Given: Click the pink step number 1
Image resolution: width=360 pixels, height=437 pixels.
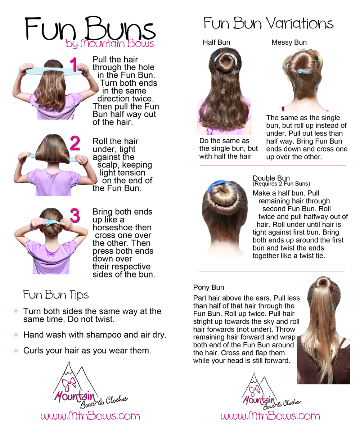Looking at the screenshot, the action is click(73, 65).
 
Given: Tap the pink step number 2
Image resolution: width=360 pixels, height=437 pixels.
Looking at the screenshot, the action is click(75, 143).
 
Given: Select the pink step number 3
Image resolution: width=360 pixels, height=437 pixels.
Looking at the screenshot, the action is click(75, 215).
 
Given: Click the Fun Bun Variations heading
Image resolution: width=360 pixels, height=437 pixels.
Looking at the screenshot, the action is click(268, 23).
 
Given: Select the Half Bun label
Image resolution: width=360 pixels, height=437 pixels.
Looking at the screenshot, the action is click(216, 42).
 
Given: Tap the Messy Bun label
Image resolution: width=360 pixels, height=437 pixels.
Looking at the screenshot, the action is click(289, 42).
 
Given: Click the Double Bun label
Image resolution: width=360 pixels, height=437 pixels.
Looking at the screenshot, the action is click(271, 178).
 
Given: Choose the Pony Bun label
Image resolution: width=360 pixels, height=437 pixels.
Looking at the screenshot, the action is click(208, 287).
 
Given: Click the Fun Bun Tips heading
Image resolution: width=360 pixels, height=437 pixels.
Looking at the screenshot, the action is click(56, 295).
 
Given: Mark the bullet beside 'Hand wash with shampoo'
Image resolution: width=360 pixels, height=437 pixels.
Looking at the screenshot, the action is click(16, 335).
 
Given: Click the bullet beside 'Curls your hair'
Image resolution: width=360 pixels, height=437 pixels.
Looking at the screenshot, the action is click(16, 350).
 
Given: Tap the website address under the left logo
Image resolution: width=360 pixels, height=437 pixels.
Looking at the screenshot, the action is click(90, 416).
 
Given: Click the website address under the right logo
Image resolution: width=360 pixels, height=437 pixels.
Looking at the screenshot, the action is click(270, 416).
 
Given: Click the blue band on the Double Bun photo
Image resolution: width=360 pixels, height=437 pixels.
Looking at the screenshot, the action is click(218, 185).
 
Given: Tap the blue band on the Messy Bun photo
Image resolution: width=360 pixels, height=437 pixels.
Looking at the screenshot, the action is click(304, 71).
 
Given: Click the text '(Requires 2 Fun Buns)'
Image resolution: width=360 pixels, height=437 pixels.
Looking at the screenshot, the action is click(281, 184).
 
